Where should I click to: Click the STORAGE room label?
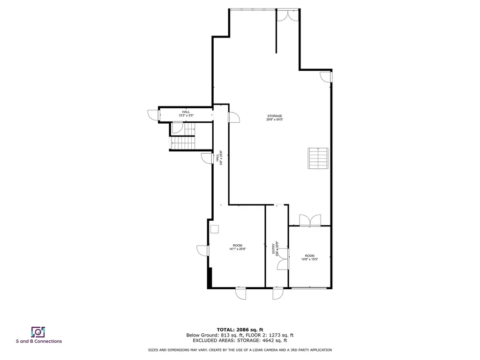pyautogui.click(x=275, y=116)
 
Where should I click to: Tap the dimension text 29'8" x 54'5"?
pyautogui.click(x=275, y=120)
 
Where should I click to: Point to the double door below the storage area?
pyautogui.click(x=310, y=220)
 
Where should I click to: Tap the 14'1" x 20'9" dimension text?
pyautogui.click(x=238, y=249)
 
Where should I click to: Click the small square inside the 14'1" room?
pyautogui.click(x=215, y=229)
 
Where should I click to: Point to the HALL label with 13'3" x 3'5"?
pyautogui.click(x=186, y=113)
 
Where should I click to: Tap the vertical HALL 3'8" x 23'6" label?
pyautogui.click(x=219, y=157)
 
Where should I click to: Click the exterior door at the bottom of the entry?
pyautogui.click(x=278, y=293)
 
